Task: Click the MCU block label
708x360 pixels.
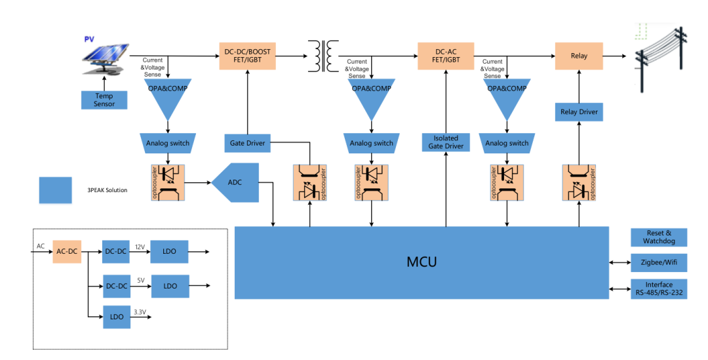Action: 421,262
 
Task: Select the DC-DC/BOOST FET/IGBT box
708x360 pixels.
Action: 247,56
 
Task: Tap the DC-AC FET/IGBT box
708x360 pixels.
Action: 445,56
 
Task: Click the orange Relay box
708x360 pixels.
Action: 579,56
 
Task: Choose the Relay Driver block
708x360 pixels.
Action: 579,112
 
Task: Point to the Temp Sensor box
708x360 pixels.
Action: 104,100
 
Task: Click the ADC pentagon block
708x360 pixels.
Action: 235,182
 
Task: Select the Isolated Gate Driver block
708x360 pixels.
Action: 445,142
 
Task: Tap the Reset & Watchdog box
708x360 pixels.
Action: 658,237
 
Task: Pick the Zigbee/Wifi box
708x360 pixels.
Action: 658,262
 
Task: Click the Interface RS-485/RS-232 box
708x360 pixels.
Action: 658,289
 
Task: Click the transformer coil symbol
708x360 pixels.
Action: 321,56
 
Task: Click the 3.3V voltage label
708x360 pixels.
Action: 140,312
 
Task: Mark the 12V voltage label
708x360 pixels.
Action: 140,247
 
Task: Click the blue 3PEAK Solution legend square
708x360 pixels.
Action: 55,190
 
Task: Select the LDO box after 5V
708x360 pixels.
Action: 170,286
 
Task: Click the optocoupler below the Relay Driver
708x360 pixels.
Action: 580,182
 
